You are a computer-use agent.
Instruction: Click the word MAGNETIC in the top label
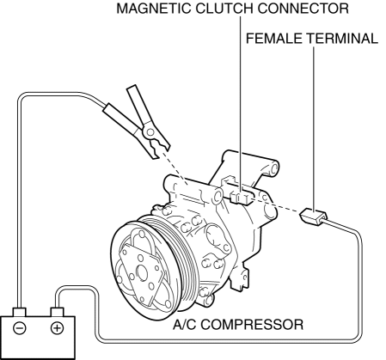(x=154, y=9)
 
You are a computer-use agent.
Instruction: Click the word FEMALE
(x=274, y=39)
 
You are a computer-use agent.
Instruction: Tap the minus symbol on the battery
(x=20, y=328)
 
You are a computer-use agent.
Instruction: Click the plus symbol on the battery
(x=58, y=328)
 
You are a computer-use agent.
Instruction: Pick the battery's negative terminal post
(x=20, y=312)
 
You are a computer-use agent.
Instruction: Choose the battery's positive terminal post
(x=58, y=312)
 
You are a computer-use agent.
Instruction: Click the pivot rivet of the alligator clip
(x=150, y=131)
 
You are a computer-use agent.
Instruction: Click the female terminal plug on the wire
(x=313, y=217)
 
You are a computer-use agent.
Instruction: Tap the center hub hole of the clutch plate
(x=142, y=272)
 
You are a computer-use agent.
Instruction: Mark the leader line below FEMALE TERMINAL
(x=314, y=130)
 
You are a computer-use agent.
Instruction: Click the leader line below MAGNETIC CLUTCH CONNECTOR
(x=240, y=105)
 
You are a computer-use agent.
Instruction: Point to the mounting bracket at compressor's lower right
(x=238, y=277)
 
